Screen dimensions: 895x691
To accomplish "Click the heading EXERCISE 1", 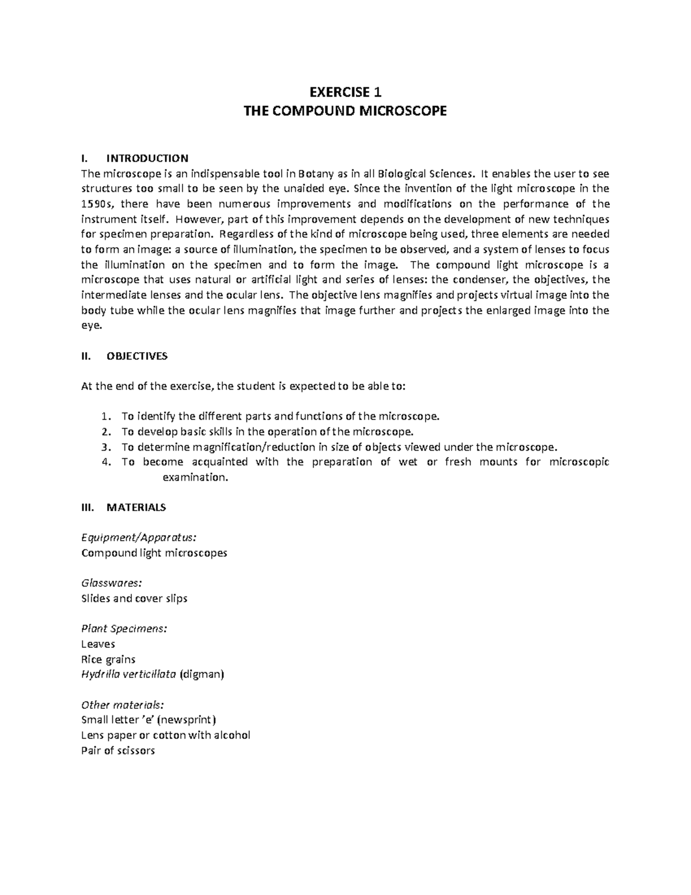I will (x=345, y=92).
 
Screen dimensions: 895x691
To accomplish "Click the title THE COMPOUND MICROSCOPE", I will (x=345, y=111).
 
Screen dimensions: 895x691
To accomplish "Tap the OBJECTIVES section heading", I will (x=137, y=356).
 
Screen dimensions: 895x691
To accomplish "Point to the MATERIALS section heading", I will (x=136, y=507).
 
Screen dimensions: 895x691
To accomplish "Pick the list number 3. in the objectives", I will (x=104, y=447).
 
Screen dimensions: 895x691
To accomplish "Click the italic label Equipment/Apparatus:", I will (x=139, y=537).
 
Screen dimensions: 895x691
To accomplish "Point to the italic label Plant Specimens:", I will (x=124, y=628).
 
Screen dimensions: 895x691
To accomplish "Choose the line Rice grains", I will (x=108, y=659).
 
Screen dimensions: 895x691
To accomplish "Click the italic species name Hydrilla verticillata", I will (x=129, y=674).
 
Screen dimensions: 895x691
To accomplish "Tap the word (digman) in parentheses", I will (x=202, y=674).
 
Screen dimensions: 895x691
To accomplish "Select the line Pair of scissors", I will (x=118, y=750).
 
